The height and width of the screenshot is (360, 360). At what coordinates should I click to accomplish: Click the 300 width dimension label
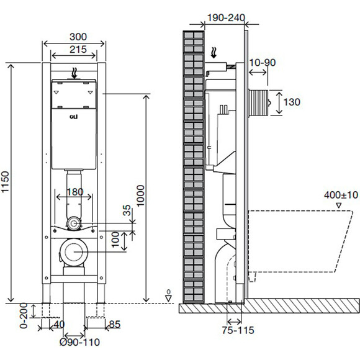78,37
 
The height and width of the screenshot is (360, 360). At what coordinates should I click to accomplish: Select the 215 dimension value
78,50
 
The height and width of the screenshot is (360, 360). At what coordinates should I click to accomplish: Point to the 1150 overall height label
5,182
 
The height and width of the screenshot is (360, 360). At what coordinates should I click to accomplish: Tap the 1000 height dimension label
140,196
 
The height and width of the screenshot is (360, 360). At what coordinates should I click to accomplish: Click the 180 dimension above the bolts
75,192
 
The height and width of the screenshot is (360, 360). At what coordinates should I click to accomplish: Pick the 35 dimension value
127,210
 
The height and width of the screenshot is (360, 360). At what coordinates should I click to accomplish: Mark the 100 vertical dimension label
115,239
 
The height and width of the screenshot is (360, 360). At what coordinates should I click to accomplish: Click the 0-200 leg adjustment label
24,315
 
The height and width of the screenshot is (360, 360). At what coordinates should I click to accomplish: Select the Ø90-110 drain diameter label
79,342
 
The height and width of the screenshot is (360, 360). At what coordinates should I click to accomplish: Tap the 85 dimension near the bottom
115,324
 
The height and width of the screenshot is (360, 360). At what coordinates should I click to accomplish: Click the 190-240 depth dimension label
226,17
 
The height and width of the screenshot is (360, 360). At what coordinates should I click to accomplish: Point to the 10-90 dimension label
262,63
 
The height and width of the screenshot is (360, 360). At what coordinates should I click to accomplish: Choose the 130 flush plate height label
292,102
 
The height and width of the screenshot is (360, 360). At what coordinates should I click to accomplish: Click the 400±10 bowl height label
341,195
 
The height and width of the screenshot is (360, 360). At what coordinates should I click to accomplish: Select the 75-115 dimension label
238,330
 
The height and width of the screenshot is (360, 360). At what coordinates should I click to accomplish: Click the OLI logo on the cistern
74,117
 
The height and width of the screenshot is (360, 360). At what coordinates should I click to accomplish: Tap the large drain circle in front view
73,252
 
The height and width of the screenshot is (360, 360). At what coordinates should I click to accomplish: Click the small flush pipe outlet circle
73,223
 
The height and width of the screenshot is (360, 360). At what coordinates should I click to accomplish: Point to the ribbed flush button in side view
259,102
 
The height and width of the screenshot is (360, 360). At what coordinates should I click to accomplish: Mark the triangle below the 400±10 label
339,205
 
